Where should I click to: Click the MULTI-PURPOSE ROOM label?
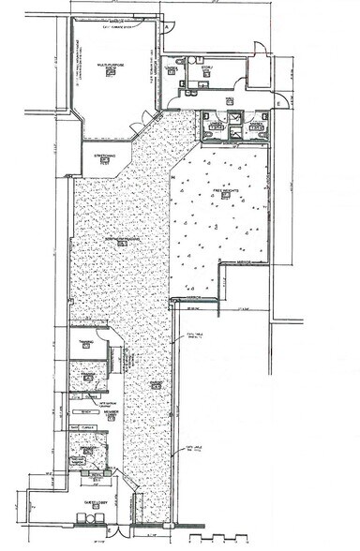point(110,69)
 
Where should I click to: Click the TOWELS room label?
point(172,68)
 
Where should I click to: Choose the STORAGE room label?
point(208,67)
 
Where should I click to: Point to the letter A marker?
point(167,27)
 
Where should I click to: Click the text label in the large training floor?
point(122,239)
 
